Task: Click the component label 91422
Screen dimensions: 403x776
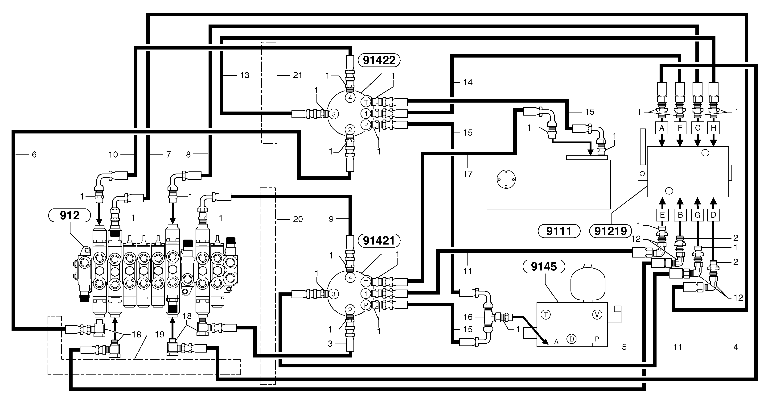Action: tap(379, 60)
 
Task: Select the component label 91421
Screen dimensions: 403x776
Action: tap(379, 241)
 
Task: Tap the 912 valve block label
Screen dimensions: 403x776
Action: tap(70, 216)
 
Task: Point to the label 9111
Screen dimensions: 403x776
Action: tap(558, 231)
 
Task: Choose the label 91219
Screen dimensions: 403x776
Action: tap(610, 231)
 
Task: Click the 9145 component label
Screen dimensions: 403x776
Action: tap(544, 267)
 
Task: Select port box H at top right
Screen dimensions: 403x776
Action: tap(713, 128)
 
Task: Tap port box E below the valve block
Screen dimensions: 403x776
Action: tap(662, 215)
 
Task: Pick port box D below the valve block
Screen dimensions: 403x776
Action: tap(713, 215)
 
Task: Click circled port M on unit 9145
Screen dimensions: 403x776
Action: tap(597, 315)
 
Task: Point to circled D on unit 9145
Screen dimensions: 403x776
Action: tap(571, 339)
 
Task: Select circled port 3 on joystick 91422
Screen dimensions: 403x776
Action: tap(333, 114)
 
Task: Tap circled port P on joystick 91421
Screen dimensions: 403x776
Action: tap(366, 305)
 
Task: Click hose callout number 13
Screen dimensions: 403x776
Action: tap(245, 75)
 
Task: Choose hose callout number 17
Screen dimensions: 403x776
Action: tap(468, 174)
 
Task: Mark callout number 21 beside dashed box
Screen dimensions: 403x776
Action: tap(297, 75)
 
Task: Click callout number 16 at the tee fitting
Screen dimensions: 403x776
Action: tap(468, 317)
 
